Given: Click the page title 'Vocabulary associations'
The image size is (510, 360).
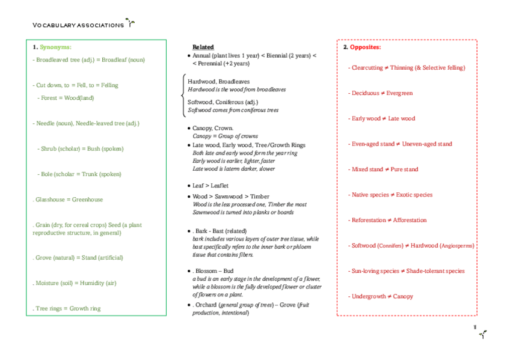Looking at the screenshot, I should tap(78, 25).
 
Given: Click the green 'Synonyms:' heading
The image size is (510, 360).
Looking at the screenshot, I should tap(56, 47).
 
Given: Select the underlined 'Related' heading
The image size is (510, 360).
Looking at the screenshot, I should tap(203, 47).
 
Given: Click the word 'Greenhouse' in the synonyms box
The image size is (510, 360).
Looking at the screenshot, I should tap(88, 200).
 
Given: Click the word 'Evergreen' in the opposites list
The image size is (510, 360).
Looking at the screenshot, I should tap(399, 93).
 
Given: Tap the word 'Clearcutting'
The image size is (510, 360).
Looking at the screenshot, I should tap(367, 68).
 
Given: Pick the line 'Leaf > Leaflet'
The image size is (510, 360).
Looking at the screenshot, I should tap(210, 186).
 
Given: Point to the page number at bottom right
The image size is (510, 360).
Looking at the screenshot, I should tap(475, 328).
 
